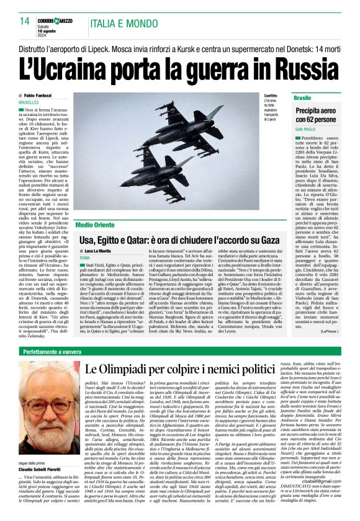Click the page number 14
(x=25, y=21)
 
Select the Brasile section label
(x=304, y=98)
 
